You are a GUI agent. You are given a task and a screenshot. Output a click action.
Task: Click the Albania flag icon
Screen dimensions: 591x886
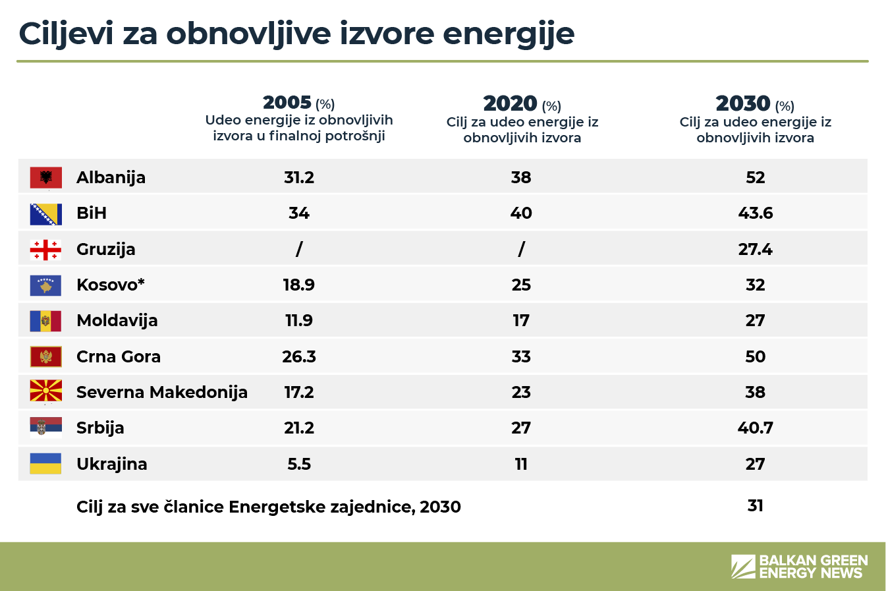pos(46,178)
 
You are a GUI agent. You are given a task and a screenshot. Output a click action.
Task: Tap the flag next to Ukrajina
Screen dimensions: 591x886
pos(46,464)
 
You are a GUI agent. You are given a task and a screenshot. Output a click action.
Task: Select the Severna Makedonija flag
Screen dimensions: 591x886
pos(46,392)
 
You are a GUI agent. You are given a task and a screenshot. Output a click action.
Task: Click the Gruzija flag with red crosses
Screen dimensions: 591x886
pos(46,250)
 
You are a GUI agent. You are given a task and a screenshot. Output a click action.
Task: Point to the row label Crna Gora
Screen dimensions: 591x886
pos(119,356)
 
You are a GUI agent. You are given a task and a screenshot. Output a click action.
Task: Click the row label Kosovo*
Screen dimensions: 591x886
pos(110,285)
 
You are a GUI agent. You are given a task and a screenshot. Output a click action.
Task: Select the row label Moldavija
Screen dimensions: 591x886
pos(117,321)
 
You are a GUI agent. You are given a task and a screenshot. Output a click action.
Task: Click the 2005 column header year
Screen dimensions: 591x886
pos(287,103)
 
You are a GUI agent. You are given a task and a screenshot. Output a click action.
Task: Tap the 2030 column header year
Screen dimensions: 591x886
pos(742,103)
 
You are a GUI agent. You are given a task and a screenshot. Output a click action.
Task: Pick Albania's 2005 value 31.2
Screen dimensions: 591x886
pos(299,178)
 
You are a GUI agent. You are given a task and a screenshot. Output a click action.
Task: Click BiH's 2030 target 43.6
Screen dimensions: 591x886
pos(755,213)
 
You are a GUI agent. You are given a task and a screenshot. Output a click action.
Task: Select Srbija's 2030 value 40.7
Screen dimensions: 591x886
pos(755,428)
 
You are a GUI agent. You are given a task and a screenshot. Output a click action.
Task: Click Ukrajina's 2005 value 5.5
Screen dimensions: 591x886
pos(299,464)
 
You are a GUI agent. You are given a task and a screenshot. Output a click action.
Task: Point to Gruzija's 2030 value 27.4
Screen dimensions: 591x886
pos(755,250)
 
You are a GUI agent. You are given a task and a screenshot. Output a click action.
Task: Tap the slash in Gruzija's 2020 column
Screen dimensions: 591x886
pos(521,249)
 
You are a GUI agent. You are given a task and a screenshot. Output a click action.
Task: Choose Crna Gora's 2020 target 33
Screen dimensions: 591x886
pos(521,356)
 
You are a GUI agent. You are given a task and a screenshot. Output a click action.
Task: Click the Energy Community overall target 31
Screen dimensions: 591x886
pos(755,505)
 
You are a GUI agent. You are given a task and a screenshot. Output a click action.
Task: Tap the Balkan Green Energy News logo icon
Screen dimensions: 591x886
pos(743,567)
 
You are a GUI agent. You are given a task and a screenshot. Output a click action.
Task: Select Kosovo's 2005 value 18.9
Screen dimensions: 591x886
pos(299,285)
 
